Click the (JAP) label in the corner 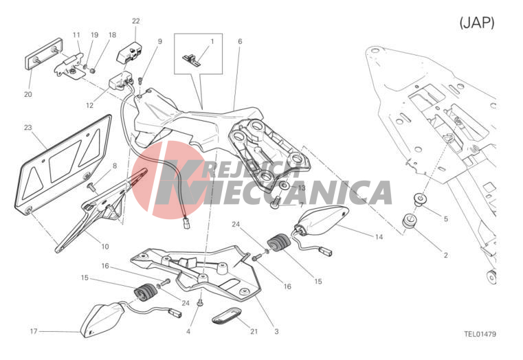(x=477, y=23)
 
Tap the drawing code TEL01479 (x=480, y=334)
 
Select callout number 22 (x=136, y=21)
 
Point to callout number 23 (x=28, y=127)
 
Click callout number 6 (x=240, y=41)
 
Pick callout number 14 (x=379, y=237)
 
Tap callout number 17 (x=34, y=331)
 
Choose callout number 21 (x=254, y=331)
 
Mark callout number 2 (x=446, y=256)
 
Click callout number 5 (x=446, y=219)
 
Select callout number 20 (x=28, y=94)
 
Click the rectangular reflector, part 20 (x=44, y=54)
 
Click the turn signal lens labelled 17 (x=102, y=319)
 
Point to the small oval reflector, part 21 (x=227, y=315)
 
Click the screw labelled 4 (x=201, y=302)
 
